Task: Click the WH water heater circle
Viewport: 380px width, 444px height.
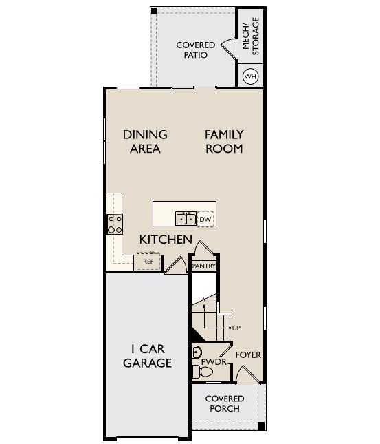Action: pyautogui.click(x=251, y=76)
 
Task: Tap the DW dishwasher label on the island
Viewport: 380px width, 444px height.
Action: pyautogui.click(x=205, y=219)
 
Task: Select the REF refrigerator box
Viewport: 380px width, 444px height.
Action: pyautogui.click(x=148, y=261)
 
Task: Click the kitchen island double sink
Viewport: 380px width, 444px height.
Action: pyautogui.click(x=186, y=219)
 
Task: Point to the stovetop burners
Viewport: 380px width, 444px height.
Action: pyautogui.click(x=115, y=224)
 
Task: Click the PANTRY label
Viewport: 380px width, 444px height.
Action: pyautogui.click(x=204, y=266)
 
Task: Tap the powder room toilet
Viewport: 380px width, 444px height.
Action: pyautogui.click(x=203, y=372)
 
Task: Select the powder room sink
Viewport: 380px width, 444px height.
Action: pyautogui.click(x=197, y=353)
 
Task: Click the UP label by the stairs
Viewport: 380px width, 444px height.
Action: pyautogui.click(x=236, y=328)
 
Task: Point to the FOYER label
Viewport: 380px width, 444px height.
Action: pyautogui.click(x=248, y=355)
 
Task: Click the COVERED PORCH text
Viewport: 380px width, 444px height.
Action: pyautogui.click(x=225, y=403)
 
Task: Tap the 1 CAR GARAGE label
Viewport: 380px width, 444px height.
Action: pyautogui.click(x=147, y=356)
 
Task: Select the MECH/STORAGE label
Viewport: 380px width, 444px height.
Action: pyautogui.click(x=251, y=36)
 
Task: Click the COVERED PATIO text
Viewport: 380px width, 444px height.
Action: pyautogui.click(x=196, y=50)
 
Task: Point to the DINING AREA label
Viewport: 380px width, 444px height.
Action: pyautogui.click(x=145, y=142)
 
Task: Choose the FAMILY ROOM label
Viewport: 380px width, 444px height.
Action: pyautogui.click(x=224, y=142)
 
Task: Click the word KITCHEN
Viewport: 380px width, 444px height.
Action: pyautogui.click(x=166, y=240)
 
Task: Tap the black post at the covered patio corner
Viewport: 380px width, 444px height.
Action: pyautogui.click(x=154, y=11)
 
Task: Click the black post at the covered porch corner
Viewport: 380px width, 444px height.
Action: pyautogui.click(x=262, y=425)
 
